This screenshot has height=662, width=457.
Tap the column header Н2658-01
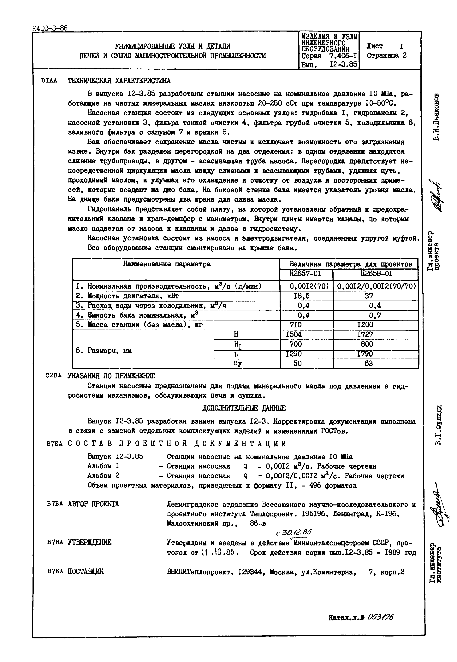click(376, 273)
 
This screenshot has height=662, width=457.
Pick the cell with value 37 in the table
click(369, 296)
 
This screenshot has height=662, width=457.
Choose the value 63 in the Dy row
click(369, 363)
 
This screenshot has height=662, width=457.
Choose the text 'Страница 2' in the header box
click(387, 55)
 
